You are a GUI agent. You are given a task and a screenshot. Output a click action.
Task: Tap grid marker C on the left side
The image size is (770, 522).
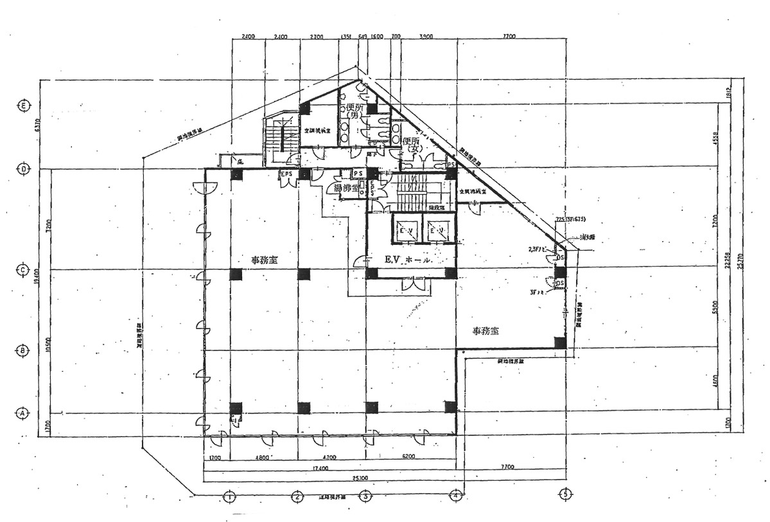(23, 269)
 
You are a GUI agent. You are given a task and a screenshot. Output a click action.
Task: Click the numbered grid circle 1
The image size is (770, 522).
(227, 496)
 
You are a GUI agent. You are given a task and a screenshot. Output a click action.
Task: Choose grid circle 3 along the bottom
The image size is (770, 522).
(365, 496)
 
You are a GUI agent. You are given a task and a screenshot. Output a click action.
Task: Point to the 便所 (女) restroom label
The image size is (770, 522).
(411, 145)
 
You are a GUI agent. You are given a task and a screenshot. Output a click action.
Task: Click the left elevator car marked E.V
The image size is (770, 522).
(405, 230)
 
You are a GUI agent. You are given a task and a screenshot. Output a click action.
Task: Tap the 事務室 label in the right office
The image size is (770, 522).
(486, 331)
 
